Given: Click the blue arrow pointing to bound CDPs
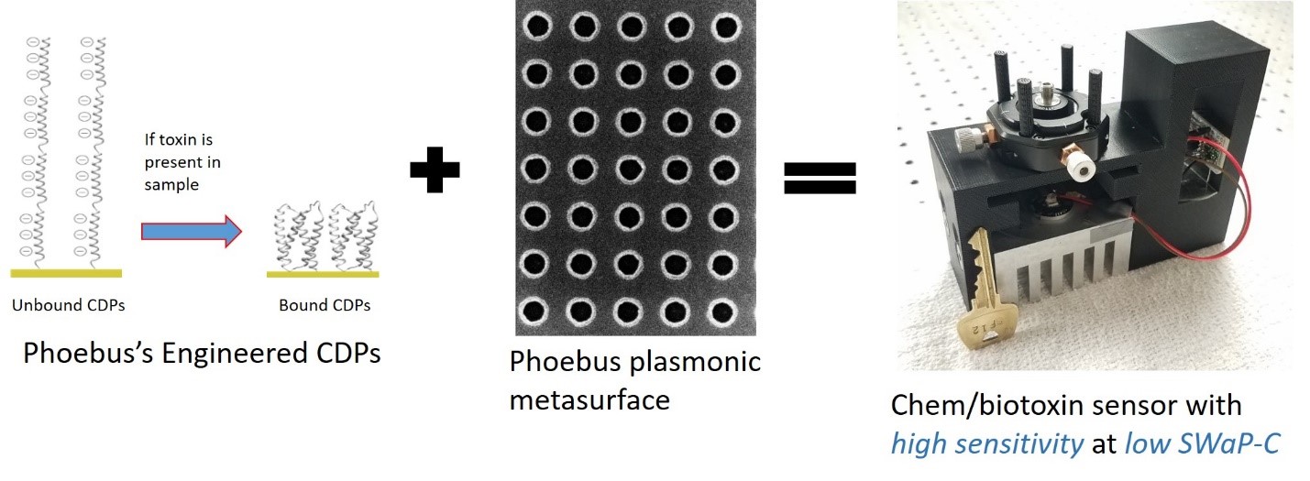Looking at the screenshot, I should (191, 231).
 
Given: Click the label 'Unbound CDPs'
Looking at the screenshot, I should (68, 305).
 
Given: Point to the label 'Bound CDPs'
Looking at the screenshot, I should (325, 305).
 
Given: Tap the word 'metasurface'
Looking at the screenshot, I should (589, 400).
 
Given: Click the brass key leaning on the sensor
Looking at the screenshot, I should (977, 293).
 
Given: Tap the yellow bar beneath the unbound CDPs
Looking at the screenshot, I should (66, 273).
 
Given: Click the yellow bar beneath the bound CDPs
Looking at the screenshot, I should (322, 273).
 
